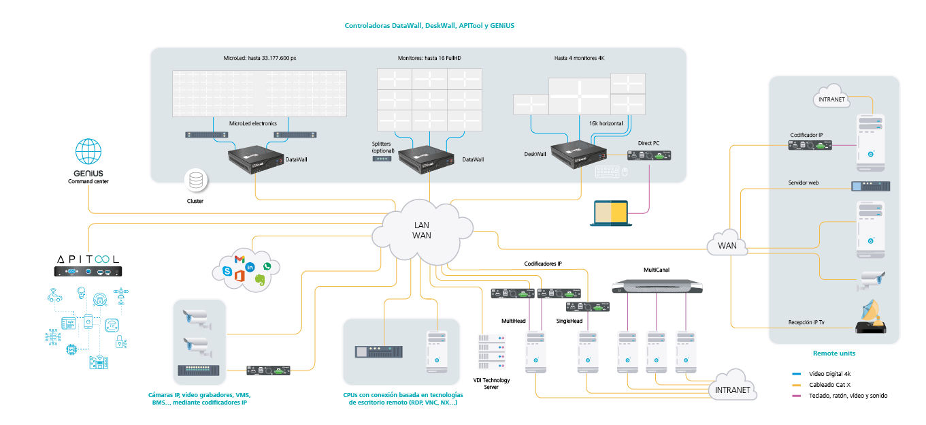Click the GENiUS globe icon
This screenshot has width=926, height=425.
(x=88, y=151)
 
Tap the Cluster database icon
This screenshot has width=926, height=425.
(x=195, y=181)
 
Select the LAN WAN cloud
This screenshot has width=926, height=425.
(x=422, y=232)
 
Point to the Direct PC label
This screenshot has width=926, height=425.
(x=648, y=143)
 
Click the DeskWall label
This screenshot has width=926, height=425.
(x=535, y=154)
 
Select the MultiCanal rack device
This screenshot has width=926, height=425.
(x=657, y=286)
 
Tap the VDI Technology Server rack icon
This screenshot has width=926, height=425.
(x=491, y=351)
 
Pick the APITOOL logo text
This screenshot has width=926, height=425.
(x=88, y=259)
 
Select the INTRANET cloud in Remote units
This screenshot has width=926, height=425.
(x=831, y=97)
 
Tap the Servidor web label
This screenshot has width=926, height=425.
(x=804, y=183)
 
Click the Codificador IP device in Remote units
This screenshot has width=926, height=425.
(x=810, y=145)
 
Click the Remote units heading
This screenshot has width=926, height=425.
(x=834, y=353)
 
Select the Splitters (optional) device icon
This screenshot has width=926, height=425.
(x=382, y=159)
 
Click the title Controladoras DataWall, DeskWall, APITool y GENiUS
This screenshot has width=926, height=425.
(x=429, y=26)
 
